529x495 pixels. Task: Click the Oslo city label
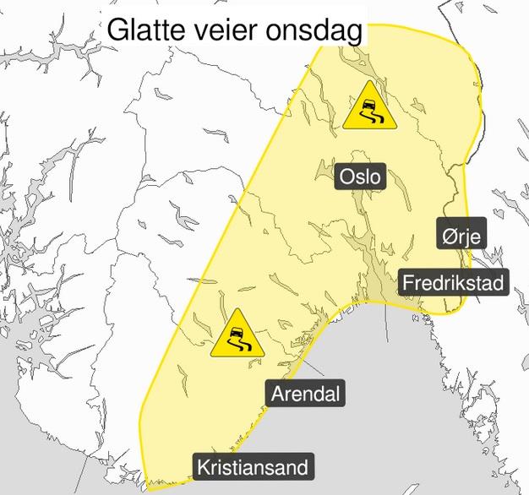click(360, 177)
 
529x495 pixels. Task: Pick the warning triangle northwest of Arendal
click(237, 336)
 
